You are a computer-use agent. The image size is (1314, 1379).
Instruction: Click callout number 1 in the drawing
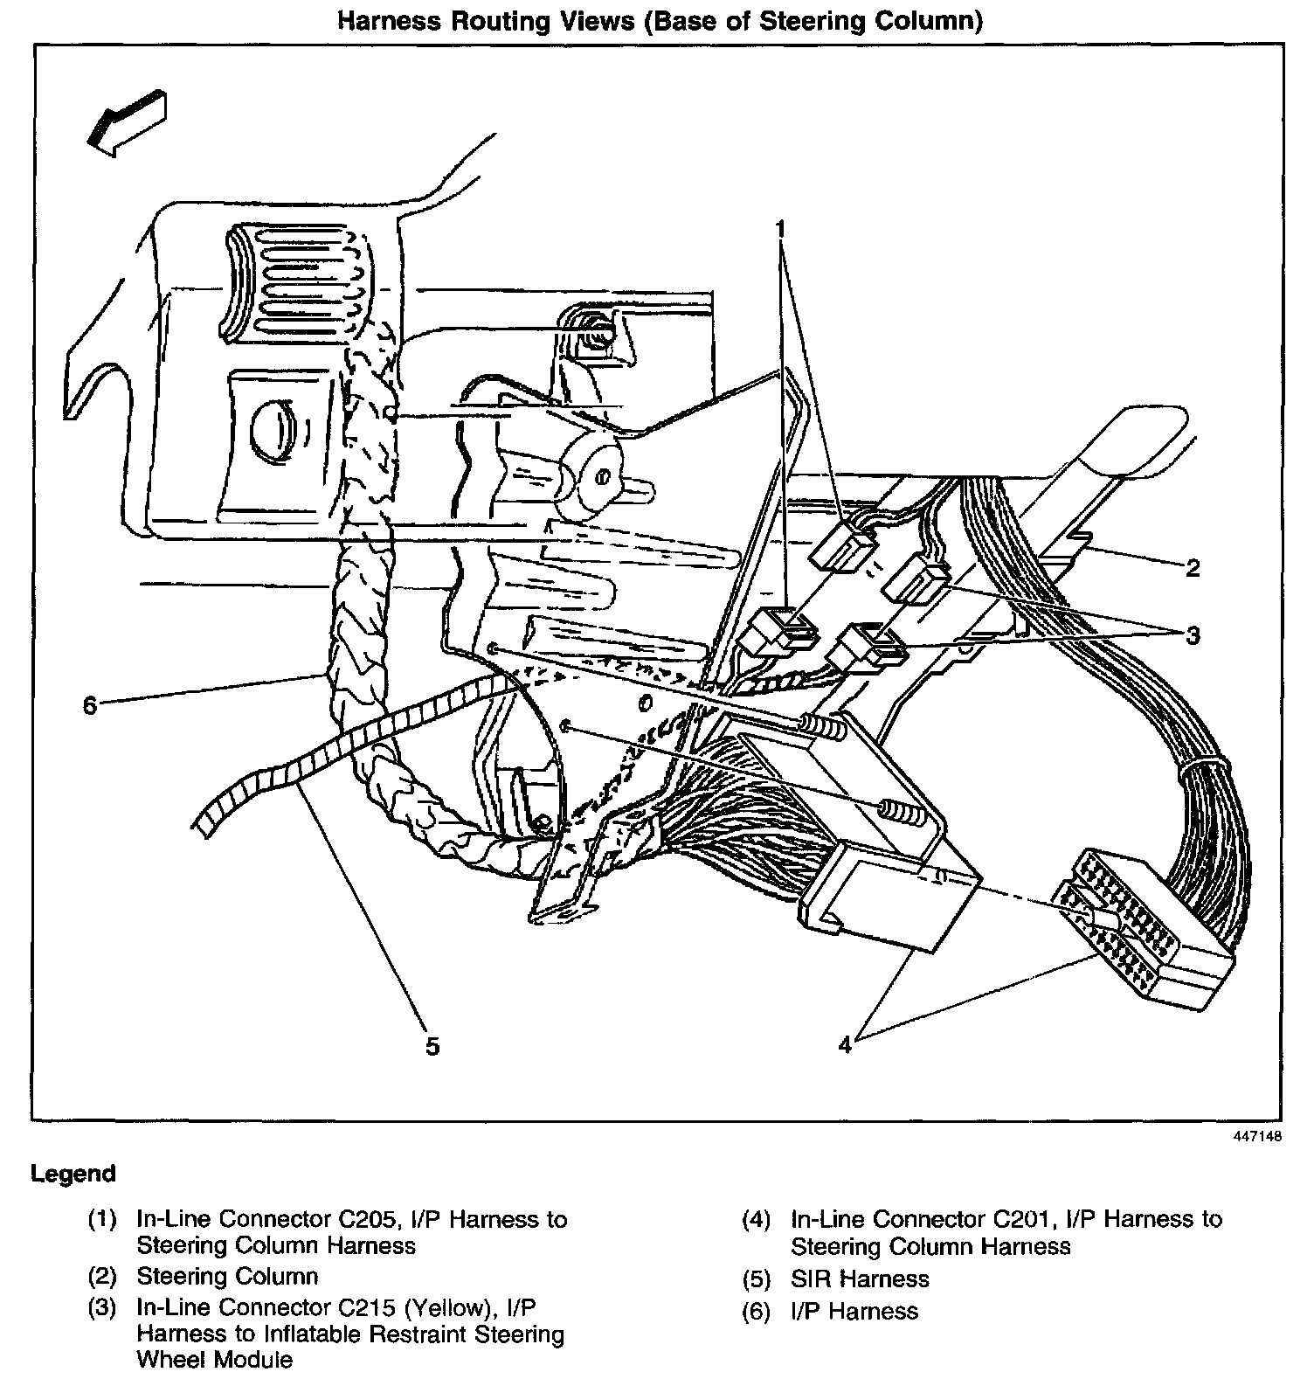pos(781,230)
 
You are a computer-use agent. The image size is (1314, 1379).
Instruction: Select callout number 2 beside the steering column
pos(1193,569)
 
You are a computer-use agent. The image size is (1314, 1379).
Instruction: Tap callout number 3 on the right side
pos(1193,635)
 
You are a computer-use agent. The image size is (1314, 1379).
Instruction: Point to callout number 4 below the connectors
pos(844,1044)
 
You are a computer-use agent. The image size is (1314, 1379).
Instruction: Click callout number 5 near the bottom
pos(432,1046)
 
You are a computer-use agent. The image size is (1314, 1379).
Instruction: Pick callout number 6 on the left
pos(89,704)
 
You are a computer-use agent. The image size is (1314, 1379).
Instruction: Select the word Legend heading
pos(73,1173)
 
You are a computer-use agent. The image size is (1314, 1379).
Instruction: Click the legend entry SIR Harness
pos(860,1279)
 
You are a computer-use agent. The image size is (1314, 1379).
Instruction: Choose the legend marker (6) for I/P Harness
pos(757,1312)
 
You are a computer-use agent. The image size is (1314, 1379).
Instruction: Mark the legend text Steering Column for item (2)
pos(227,1276)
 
